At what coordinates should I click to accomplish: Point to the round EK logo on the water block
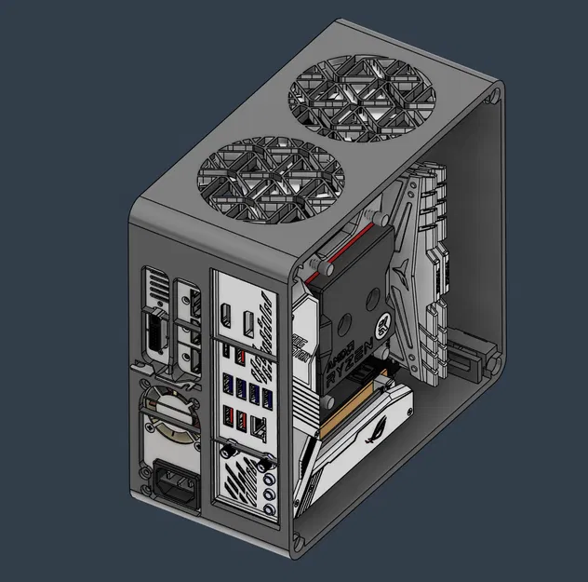(383, 328)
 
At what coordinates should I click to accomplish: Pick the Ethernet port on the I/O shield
(261, 431)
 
